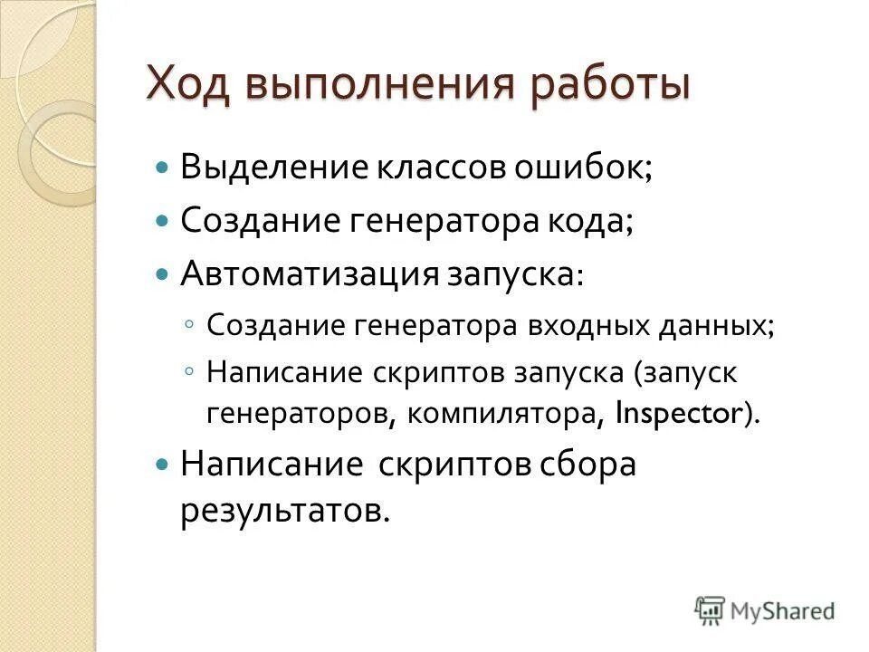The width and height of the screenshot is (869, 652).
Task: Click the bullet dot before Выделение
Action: tap(163, 169)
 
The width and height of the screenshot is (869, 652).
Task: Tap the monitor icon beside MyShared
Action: tap(711, 611)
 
